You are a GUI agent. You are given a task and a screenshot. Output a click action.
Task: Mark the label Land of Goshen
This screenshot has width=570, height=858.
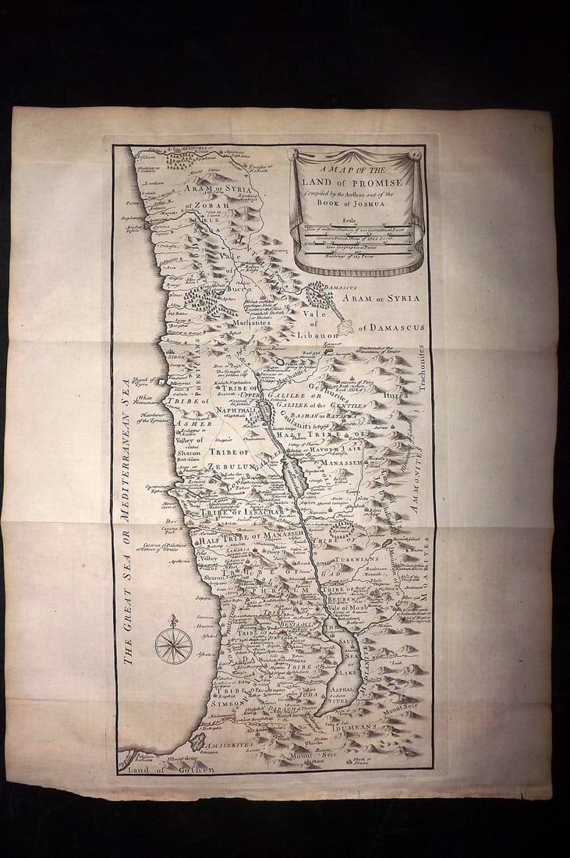[x=167, y=770]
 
